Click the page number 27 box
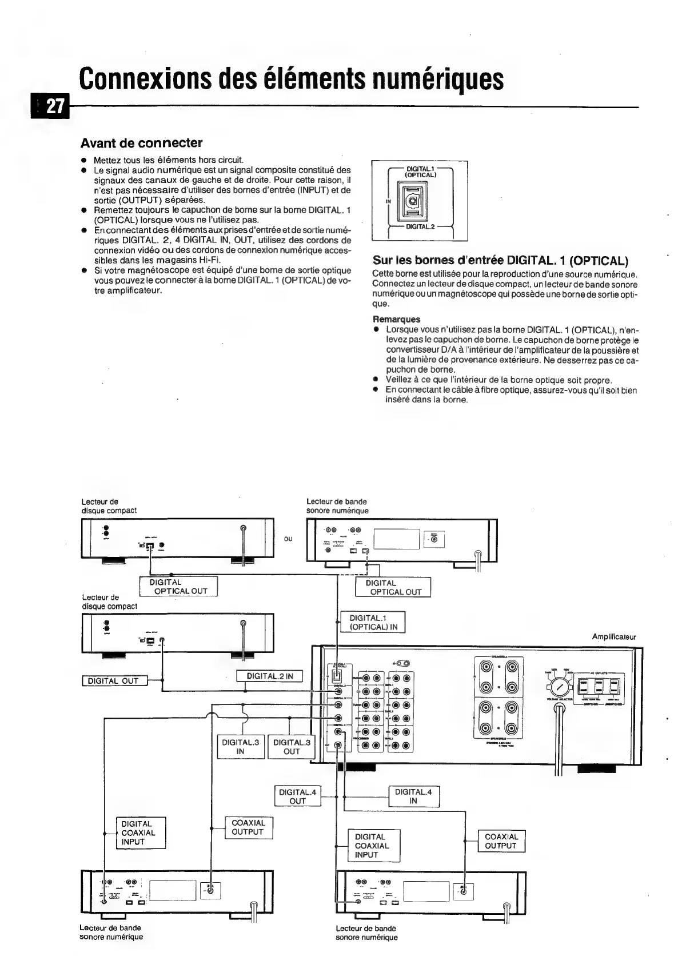click(x=54, y=107)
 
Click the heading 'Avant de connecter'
click(x=141, y=142)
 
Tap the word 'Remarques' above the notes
click(x=396, y=319)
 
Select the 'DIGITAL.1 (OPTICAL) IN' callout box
click(x=373, y=622)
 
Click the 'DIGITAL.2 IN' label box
click(x=269, y=676)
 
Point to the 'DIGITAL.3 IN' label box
click(x=240, y=747)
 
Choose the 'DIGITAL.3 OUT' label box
click(x=292, y=747)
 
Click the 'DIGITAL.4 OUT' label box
click(x=297, y=796)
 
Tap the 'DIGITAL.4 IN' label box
click(x=414, y=796)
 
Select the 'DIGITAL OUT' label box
click(x=114, y=681)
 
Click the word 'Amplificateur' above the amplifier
click(x=613, y=636)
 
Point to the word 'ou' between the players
click(x=288, y=539)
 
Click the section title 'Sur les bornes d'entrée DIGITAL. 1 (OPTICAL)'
click(x=500, y=261)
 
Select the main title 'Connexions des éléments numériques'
click(x=292, y=79)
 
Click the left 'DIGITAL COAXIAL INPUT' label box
click(x=141, y=832)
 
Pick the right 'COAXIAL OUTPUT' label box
click(x=501, y=841)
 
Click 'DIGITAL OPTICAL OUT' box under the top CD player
click(x=178, y=587)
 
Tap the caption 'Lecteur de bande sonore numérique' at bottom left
click(x=111, y=932)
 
